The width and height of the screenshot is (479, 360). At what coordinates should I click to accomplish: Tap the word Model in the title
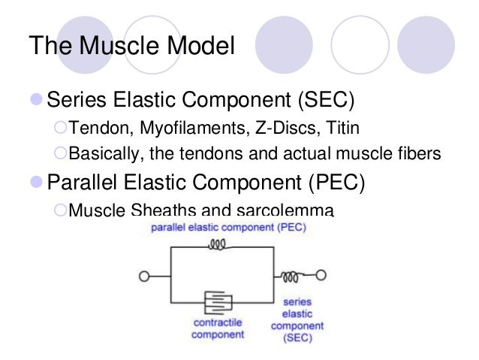pos(200,46)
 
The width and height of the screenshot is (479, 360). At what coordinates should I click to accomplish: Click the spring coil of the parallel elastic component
pos(218,244)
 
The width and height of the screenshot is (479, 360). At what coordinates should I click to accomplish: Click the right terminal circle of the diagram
pos(321,276)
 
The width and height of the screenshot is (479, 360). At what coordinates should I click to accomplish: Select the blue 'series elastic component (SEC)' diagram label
pos(297,319)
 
